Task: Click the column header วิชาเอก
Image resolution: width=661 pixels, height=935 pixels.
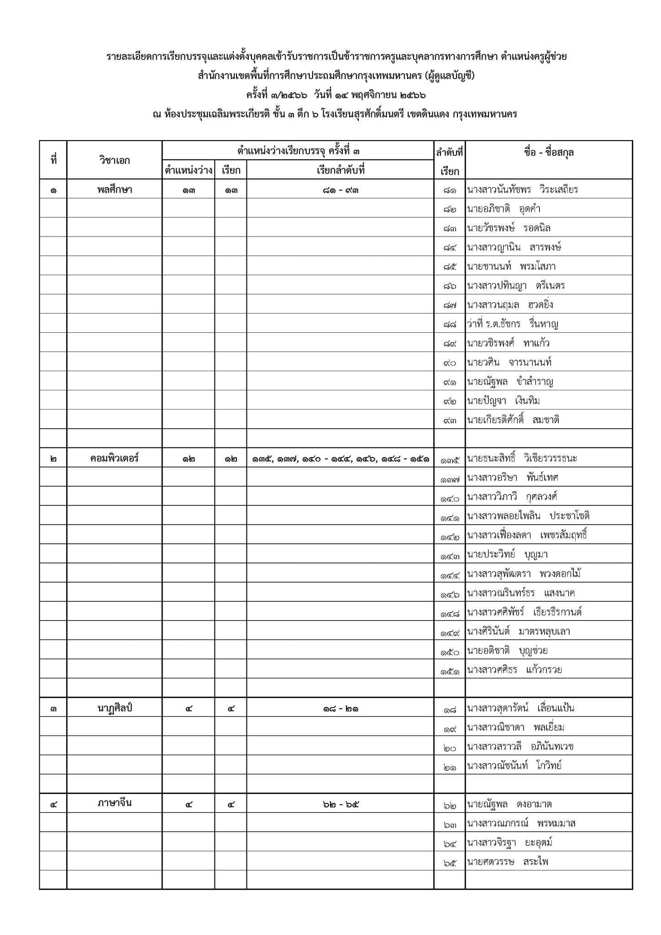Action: coord(114,160)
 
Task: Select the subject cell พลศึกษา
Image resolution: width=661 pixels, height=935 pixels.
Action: coord(114,189)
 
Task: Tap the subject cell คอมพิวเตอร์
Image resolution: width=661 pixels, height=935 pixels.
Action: coord(114,458)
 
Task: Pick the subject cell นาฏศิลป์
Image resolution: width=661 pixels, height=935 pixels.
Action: coord(114,708)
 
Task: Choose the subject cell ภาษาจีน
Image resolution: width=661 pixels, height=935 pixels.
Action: coord(114,803)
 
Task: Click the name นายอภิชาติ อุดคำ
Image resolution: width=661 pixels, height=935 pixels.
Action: coord(504,209)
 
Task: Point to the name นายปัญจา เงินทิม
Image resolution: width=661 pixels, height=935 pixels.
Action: coord(503,400)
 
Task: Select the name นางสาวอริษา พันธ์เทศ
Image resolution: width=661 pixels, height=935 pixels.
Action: coord(513,478)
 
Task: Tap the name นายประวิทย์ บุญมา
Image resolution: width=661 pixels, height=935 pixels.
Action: coord(507,555)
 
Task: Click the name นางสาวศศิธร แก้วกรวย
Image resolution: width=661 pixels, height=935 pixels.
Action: coord(514,670)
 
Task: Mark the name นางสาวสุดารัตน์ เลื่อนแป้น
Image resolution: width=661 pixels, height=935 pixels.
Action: coord(520,708)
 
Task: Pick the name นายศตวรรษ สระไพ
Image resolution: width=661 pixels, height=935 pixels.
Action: coord(507,861)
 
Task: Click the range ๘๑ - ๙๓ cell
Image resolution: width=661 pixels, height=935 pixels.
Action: coord(340,189)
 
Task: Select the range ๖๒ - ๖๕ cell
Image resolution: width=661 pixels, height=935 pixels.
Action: coord(340,804)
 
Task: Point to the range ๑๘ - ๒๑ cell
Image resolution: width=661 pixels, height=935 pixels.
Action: coord(340,709)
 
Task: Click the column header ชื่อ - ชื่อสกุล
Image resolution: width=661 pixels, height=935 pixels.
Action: coord(549,152)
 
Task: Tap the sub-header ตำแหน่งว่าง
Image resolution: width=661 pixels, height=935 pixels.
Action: coord(189,170)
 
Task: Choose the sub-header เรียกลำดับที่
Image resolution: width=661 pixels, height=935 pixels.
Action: coord(340,170)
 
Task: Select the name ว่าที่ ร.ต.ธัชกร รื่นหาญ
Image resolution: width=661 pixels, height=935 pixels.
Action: coord(513,324)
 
